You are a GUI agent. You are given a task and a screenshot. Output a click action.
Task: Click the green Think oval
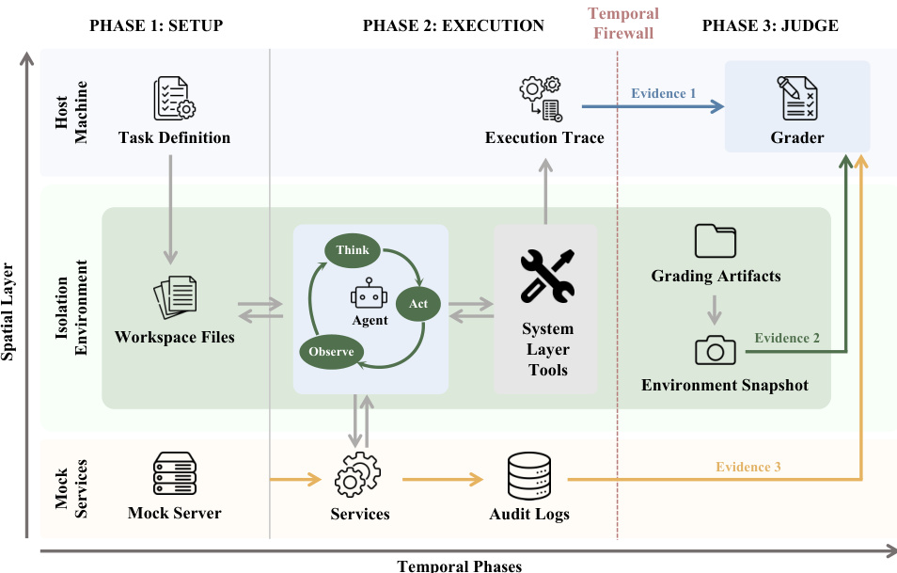[353, 250]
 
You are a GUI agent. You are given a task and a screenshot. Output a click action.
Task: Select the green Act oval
[417, 304]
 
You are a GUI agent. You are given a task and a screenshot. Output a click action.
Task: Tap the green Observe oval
[331, 352]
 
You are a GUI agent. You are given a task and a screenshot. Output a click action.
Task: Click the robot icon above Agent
[369, 294]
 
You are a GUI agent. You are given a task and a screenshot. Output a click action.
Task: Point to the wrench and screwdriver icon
[547, 276]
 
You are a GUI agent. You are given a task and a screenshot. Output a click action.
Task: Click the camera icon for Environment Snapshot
[716, 350]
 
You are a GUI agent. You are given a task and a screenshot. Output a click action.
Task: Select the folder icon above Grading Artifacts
[716, 241]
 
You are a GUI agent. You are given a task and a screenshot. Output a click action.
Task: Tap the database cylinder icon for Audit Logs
[529, 476]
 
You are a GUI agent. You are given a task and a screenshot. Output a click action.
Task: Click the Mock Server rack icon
[175, 473]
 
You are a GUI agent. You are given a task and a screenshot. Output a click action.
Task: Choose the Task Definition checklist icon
[174, 98]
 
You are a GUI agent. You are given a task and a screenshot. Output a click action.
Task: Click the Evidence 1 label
[664, 93]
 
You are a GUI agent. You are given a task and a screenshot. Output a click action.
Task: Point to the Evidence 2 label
[787, 338]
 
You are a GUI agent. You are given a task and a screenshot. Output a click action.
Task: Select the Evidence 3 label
[748, 467]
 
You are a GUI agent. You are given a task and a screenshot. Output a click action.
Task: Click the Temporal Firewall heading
[623, 23]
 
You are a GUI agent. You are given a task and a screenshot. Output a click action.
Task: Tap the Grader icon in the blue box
[797, 98]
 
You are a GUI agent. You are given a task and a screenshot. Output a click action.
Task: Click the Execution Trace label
[544, 137]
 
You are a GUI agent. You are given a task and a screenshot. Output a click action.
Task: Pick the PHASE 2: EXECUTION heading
[453, 25]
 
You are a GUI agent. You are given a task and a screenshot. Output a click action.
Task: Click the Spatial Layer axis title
[8, 311]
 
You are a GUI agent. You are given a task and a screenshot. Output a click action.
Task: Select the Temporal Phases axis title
[460, 566]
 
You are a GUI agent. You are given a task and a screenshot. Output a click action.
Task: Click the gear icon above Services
[357, 474]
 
